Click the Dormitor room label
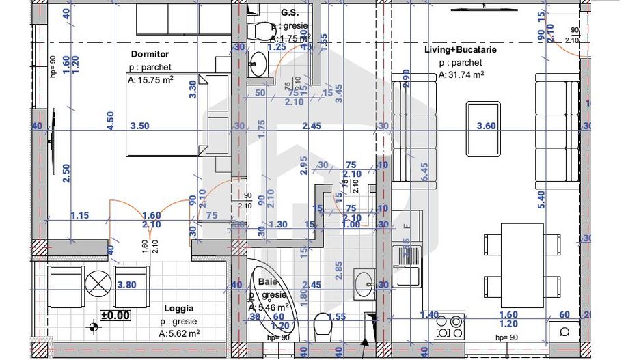click(150, 53)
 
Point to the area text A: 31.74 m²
click(461, 75)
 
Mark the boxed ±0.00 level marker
click(115, 315)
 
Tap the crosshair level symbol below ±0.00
click(92, 328)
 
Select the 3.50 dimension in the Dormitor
click(139, 126)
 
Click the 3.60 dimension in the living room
click(485, 126)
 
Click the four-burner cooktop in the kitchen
click(450, 326)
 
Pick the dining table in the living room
click(522, 265)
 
